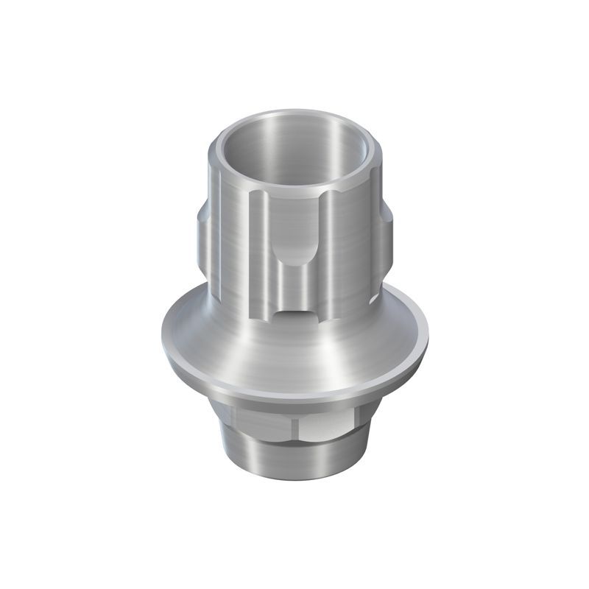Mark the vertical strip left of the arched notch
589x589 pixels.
click(x=261, y=250)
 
